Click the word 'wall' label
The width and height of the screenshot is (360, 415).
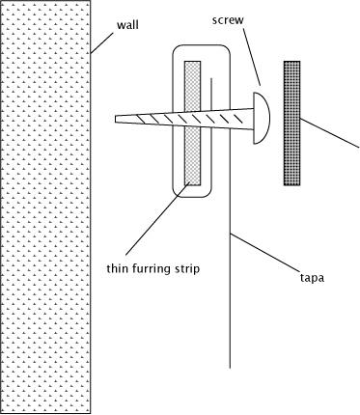pyautogui.click(x=127, y=25)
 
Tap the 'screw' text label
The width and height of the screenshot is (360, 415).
pyautogui.click(x=228, y=20)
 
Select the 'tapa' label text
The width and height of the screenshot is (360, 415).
pyautogui.click(x=312, y=277)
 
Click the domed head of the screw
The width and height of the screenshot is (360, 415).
pyautogui.click(x=262, y=118)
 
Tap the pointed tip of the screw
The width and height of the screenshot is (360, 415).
pyautogui.click(x=116, y=119)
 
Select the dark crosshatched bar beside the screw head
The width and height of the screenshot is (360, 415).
pyautogui.click(x=291, y=124)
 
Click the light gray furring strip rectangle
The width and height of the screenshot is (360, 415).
pyautogui.click(x=192, y=124)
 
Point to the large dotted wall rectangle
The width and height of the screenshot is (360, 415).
pyautogui.click(x=45, y=207)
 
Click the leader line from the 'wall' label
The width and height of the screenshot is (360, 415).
pyautogui.click(x=102, y=42)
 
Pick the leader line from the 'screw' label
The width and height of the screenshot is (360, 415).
pyautogui.click(x=252, y=57)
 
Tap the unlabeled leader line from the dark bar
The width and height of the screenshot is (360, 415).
pyautogui.click(x=330, y=133)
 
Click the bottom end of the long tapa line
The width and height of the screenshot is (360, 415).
pyautogui.click(x=230, y=368)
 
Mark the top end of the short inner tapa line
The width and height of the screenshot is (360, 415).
pyautogui.click(x=211, y=78)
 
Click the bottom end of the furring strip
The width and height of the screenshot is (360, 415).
pyautogui.click(x=192, y=185)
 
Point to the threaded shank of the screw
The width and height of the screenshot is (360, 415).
pyautogui.click(x=185, y=119)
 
